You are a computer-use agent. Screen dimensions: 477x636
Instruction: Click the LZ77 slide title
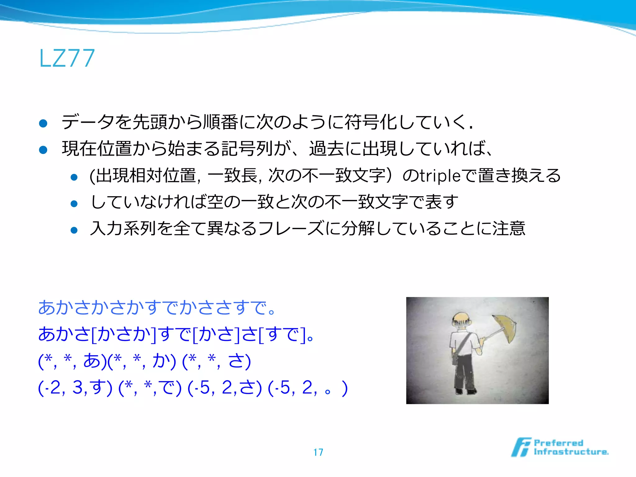pos(67,58)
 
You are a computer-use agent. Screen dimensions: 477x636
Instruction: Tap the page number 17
pos(318,452)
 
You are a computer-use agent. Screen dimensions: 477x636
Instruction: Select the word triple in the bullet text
pos(440,176)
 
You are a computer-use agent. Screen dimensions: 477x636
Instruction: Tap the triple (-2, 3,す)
pos(75,388)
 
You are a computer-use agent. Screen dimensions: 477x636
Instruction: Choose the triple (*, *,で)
pos(150,388)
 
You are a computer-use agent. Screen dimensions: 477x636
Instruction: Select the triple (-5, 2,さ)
pos(225,388)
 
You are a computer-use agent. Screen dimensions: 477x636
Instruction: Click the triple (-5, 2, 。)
pos(307,388)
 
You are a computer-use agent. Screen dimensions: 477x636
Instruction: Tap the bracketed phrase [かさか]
pos(124,334)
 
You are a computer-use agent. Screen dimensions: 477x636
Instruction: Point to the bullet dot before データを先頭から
pos(43,123)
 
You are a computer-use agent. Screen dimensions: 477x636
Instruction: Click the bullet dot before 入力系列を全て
pos(74,230)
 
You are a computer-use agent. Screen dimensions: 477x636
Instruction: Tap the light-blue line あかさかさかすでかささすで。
pos(157,308)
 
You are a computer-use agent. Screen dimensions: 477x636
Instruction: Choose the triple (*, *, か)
pos(142,361)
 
